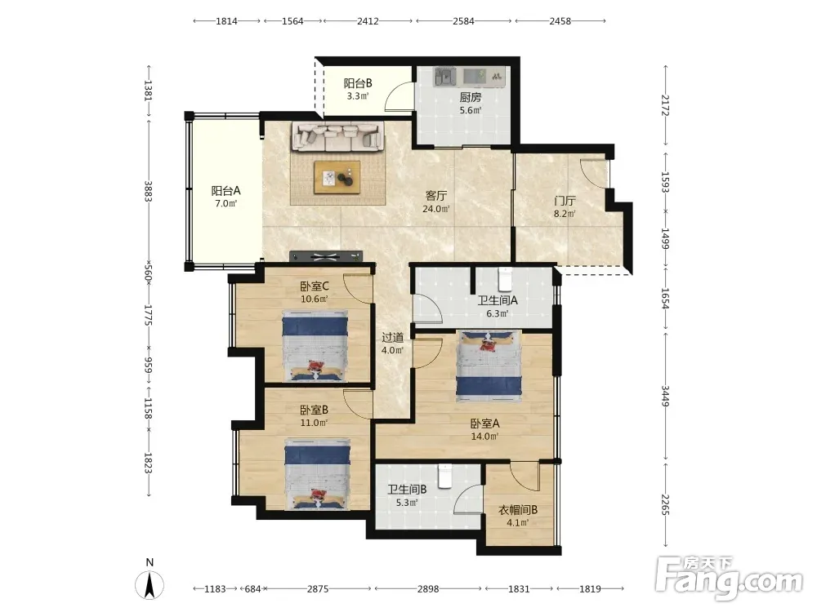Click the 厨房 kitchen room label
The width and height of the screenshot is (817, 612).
pyautogui.click(x=470, y=97)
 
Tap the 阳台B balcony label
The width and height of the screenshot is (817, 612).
pyautogui.click(x=358, y=83)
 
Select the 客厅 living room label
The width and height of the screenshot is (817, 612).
pyautogui.click(x=436, y=196)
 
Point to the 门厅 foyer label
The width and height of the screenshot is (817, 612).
pyautogui.click(x=565, y=201)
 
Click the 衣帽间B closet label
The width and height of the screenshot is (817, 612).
pyautogui.click(x=518, y=510)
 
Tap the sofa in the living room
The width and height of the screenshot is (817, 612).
pyautogui.click(x=338, y=136)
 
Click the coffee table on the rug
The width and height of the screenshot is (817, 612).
pyautogui.click(x=337, y=177)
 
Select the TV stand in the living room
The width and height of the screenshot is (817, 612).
pyautogui.click(x=326, y=256)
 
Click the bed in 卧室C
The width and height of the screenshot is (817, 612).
pyautogui.click(x=315, y=346)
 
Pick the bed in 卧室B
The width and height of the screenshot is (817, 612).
pyautogui.click(x=317, y=474)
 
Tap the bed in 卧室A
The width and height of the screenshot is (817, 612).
pyautogui.click(x=489, y=366)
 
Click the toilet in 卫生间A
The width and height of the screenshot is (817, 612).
pyautogui.click(x=505, y=279)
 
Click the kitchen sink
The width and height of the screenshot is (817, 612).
pyautogui.click(x=445, y=77)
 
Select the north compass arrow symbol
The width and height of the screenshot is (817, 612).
pyautogui.click(x=150, y=585)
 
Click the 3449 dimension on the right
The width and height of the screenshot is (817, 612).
pyautogui.click(x=665, y=396)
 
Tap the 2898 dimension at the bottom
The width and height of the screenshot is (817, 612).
pyautogui.click(x=428, y=588)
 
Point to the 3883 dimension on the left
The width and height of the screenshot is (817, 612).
pyautogui.click(x=149, y=191)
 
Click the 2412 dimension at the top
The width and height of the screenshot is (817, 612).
pyautogui.click(x=368, y=21)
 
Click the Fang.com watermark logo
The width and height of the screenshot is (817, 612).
pyautogui.click(x=729, y=577)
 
